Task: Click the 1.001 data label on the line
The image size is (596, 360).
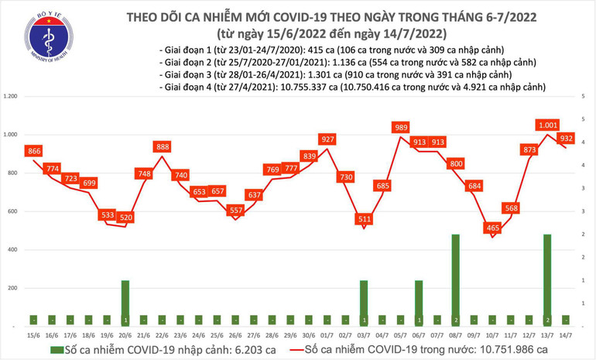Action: (x=547, y=125)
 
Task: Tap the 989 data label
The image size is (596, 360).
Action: (x=401, y=127)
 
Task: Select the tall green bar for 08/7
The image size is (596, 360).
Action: (x=456, y=279)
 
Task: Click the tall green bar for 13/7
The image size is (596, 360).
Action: (x=547, y=279)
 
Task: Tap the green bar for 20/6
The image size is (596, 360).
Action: (x=125, y=302)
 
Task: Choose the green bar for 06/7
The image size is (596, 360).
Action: (x=419, y=302)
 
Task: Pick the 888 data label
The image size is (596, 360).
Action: (x=163, y=146)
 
